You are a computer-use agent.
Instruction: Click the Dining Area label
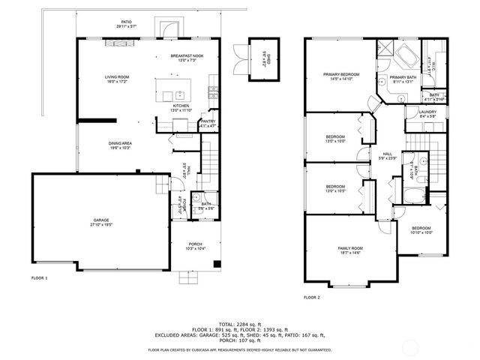click(x=121, y=145)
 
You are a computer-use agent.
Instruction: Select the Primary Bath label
click(x=402, y=79)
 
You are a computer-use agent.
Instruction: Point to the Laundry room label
click(x=416, y=114)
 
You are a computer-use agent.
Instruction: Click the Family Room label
click(x=349, y=250)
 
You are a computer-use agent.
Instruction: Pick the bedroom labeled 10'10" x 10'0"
click(x=421, y=230)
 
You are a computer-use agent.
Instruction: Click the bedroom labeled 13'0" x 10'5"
click(x=335, y=188)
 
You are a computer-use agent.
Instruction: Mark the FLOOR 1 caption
click(x=39, y=278)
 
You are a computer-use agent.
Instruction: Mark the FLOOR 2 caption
click(x=312, y=298)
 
